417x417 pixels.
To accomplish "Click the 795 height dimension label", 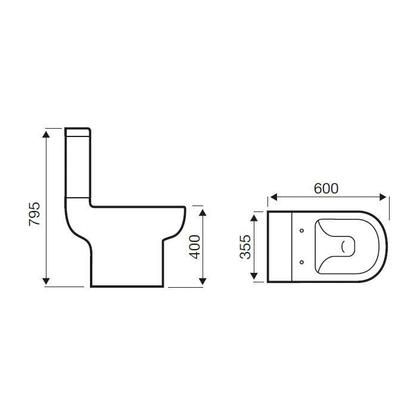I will tap(35, 213).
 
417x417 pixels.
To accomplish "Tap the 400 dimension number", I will tap(194, 246).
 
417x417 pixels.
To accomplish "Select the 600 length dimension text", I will tap(326, 188).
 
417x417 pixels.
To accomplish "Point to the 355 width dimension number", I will tap(245, 246).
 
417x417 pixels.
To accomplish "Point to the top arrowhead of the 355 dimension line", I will tap(256, 216).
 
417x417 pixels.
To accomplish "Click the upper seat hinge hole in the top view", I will tap(302, 230).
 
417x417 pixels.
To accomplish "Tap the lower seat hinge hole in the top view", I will tap(302, 260).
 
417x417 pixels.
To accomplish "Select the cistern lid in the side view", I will tap(77, 132).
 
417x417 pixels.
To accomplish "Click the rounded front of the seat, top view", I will tap(381, 245).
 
